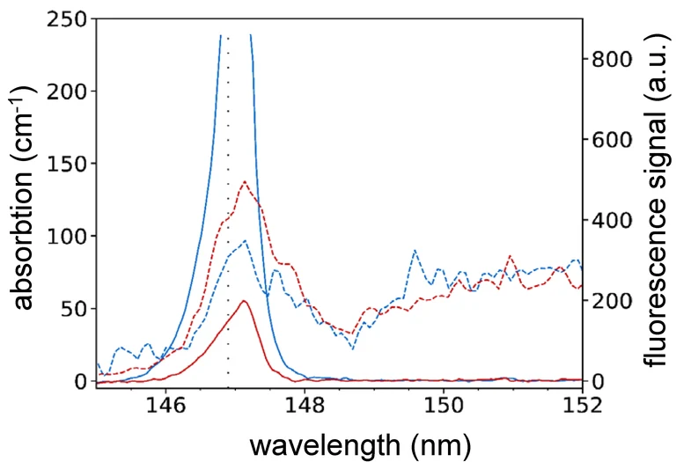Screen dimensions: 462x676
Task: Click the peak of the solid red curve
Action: pos(244,301)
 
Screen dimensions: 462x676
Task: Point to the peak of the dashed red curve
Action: pos(244,181)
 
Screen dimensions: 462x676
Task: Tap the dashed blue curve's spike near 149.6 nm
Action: pos(414,251)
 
